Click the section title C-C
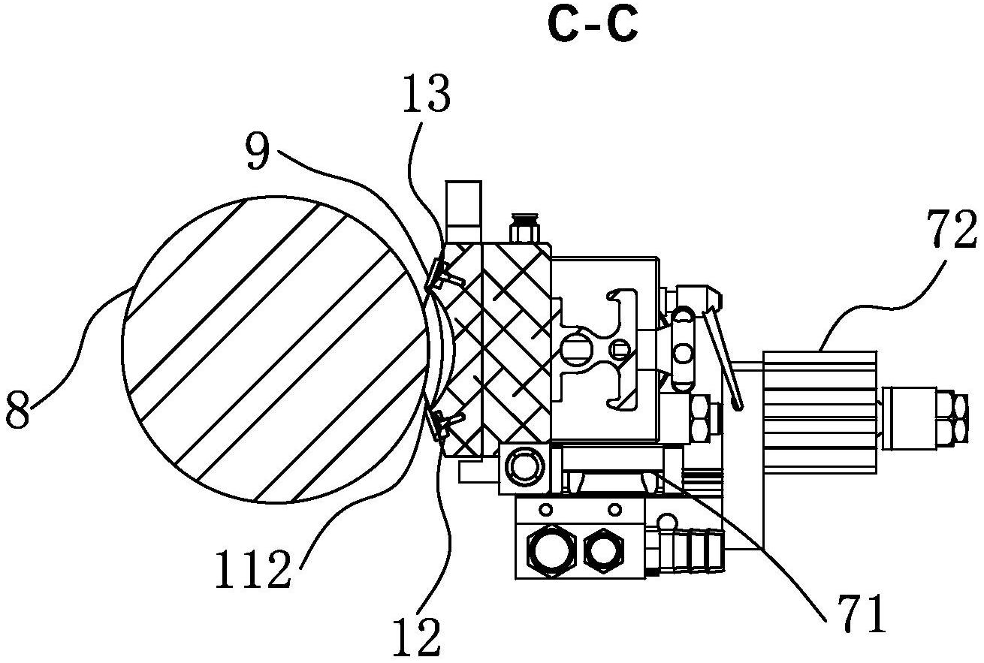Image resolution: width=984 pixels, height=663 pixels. [x=593, y=27]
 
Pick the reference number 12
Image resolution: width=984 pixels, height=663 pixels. [x=419, y=637]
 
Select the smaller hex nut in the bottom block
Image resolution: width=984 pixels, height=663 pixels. [x=604, y=553]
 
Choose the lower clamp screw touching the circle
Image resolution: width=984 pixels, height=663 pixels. [x=445, y=422]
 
